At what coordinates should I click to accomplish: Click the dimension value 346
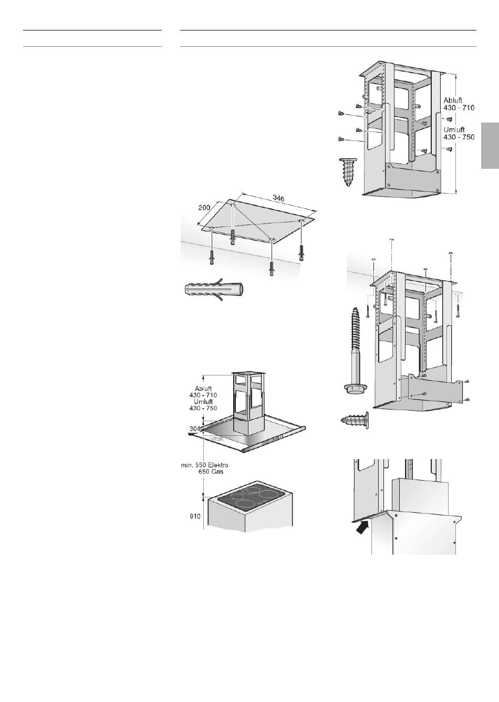click(278, 198)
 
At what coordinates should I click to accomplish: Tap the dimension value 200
click(204, 207)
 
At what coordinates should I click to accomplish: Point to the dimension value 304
click(195, 429)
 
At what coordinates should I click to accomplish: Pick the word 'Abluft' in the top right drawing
click(453, 100)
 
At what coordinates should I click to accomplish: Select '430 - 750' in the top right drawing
click(459, 137)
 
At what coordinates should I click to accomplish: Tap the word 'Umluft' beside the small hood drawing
click(203, 401)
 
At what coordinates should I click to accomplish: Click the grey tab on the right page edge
click(490, 146)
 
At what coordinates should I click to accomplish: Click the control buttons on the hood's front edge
click(279, 438)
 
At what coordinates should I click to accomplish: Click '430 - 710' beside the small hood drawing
click(203, 395)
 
